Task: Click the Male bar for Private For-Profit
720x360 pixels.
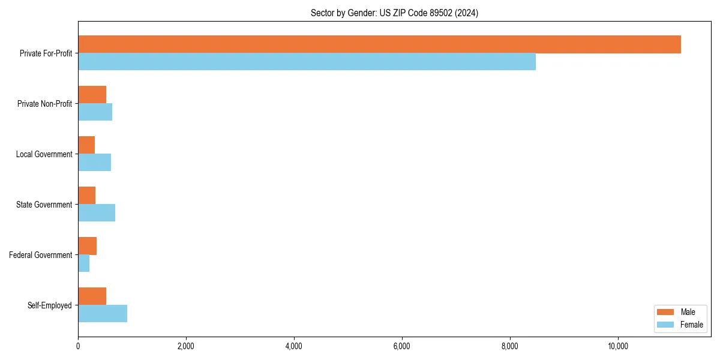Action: (x=379, y=44)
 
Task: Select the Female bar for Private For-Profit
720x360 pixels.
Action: (x=307, y=62)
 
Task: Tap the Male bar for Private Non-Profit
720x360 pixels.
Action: (x=92, y=95)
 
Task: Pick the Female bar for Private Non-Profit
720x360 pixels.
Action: (x=95, y=112)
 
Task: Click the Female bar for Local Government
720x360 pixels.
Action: (x=94, y=163)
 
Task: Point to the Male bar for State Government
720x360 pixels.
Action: (x=86, y=196)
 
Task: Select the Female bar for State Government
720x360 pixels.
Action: (x=97, y=213)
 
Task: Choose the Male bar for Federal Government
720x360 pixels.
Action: (x=87, y=246)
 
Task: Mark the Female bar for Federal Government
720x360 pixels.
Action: (x=83, y=263)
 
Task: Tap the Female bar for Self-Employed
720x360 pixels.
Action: (x=103, y=314)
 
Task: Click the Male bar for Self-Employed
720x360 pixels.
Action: (x=92, y=296)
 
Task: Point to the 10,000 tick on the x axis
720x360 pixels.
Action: (x=617, y=346)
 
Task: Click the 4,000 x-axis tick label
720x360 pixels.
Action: (x=293, y=346)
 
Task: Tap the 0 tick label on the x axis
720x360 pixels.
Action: (x=78, y=346)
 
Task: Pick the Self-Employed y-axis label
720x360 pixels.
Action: (x=49, y=305)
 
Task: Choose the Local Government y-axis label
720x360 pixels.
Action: (x=44, y=154)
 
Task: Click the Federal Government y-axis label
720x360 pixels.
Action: (x=40, y=255)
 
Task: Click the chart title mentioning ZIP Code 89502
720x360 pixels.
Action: (x=394, y=13)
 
